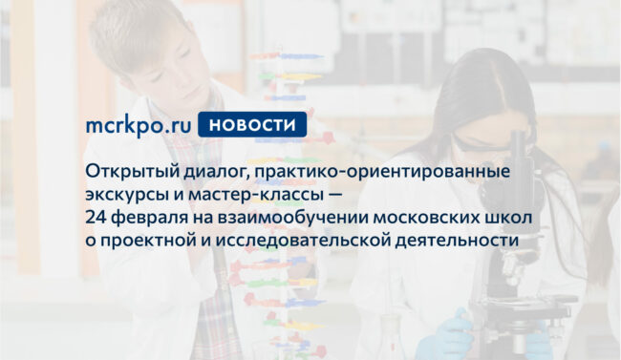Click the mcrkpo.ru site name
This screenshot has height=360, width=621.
click(139, 125)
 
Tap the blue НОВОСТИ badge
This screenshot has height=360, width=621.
click(252, 124)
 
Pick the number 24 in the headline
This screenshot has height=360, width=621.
click(96, 218)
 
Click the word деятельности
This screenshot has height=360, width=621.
click(457, 241)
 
